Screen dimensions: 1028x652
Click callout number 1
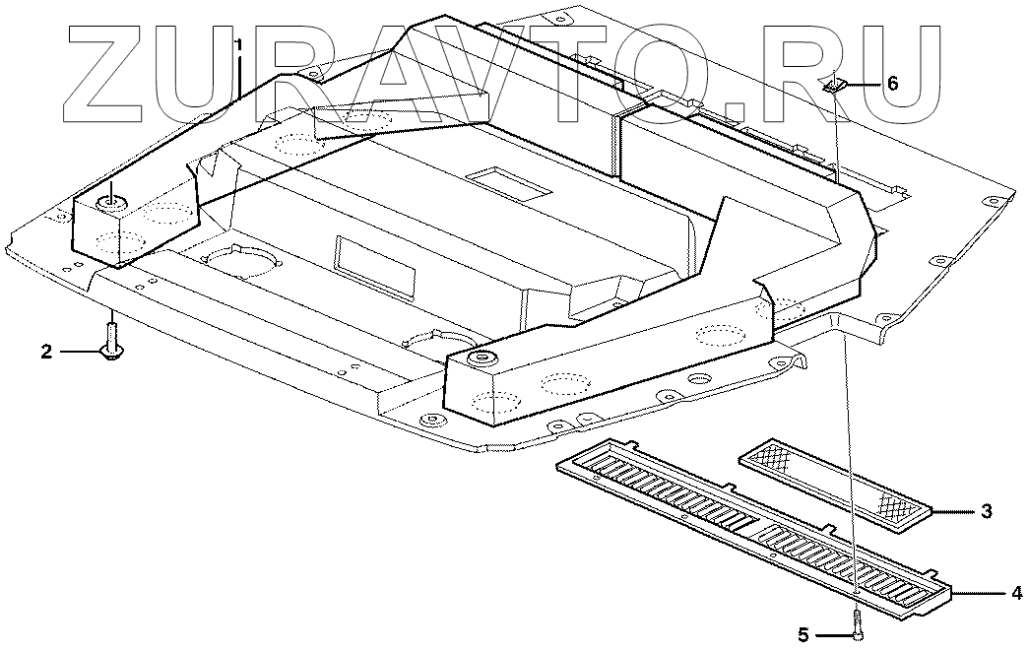[x=238, y=44]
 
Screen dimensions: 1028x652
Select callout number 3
[x=986, y=511]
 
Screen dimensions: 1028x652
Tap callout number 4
[x=1015, y=593]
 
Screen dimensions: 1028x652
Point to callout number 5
[x=803, y=635]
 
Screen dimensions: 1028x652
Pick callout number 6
[x=892, y=84]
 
